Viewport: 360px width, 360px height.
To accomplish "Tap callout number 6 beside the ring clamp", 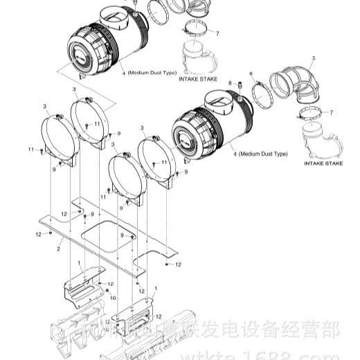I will pyautogui.click(x=251, y=74).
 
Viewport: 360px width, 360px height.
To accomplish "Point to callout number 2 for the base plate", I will pyautogui.click(x=60, y=247).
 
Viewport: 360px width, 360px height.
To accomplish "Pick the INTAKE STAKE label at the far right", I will pyautogui.click(x=323, y=163).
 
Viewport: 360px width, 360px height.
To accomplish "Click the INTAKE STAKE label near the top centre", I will pyautogui.click(x=198, y=79).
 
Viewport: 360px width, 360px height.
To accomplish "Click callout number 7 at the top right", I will pyautogui.click(x=217, y=33).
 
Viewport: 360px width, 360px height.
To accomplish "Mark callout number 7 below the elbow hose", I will pyautogui.click(x=331, y=112).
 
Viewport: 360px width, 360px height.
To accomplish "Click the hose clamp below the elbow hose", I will pyautogui.click(x=308, y=113).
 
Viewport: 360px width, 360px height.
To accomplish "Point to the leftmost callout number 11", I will pyautogui.click(x=31, y=149).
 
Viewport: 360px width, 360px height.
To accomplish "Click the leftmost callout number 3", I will pyautogui.click(x=45, y=107).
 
